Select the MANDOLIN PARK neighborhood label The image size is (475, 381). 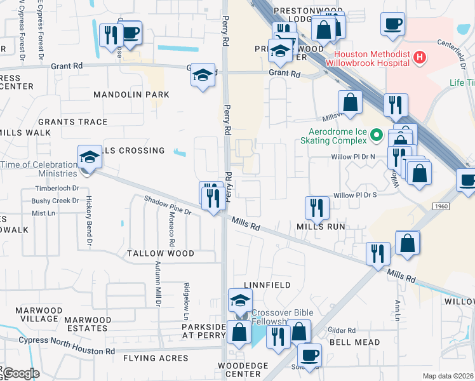pyautogui.click(x=131, y=95)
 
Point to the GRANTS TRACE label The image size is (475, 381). pyautogui.click(x=72, y=122)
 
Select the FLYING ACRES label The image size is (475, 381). pyautogui.click(x=157, y=358)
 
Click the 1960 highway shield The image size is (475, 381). pyautogui.click(x=442, y=206)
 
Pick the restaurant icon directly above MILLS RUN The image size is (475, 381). pyautogui.click(x=316, y=207)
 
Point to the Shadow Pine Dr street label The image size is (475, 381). pyautogui.click(x=168, y=206)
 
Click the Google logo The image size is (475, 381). pyautogui.click(x=20, y=373)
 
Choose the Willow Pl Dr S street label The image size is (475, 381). pyautogui.click(x=355, y=195)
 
